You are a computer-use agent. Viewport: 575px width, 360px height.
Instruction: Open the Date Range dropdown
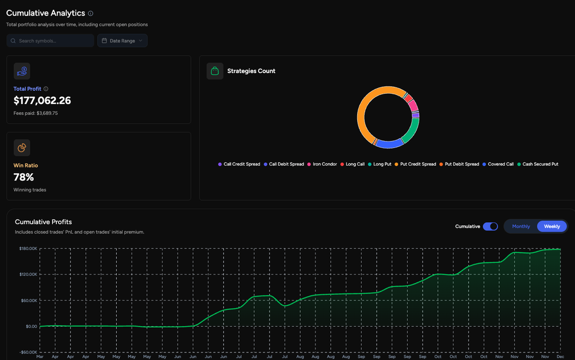click(x=122, y=41)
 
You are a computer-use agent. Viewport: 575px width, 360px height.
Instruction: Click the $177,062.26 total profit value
click(x=42, y=101)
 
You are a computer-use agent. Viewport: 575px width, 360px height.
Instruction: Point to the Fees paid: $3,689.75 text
click(x=36, y=113)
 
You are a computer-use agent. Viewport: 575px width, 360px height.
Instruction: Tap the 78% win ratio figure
click(x=24, y=177)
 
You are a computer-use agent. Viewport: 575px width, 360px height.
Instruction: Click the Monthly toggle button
click(x=521, y=227)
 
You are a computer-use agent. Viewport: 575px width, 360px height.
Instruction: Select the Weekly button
click(x=552, y=227)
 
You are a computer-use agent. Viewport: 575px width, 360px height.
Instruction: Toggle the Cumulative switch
click(x=490, y=227)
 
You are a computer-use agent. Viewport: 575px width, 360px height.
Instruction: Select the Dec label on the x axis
click(x=559, y=357)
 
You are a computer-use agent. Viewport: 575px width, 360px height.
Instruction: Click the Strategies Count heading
click(x=251, y=71)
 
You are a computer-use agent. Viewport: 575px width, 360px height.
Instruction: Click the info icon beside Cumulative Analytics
click(x=91, y=13)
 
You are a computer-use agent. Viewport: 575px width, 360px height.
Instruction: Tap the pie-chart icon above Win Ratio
click(x=22, y=148)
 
